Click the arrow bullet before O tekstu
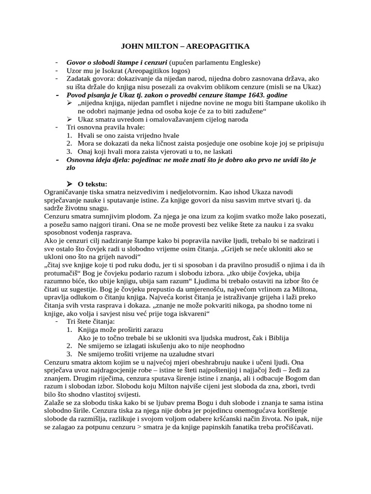click(x=70, y=184)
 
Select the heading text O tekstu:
click(x=92, y=184)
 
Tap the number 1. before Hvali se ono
click(x=70, y=136)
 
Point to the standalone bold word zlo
click(x=71, y=168)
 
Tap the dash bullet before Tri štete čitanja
click(x=57, y=322)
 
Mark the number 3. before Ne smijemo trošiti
click(x=70, y=354)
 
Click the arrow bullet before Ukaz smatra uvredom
click(x=70, y=119)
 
